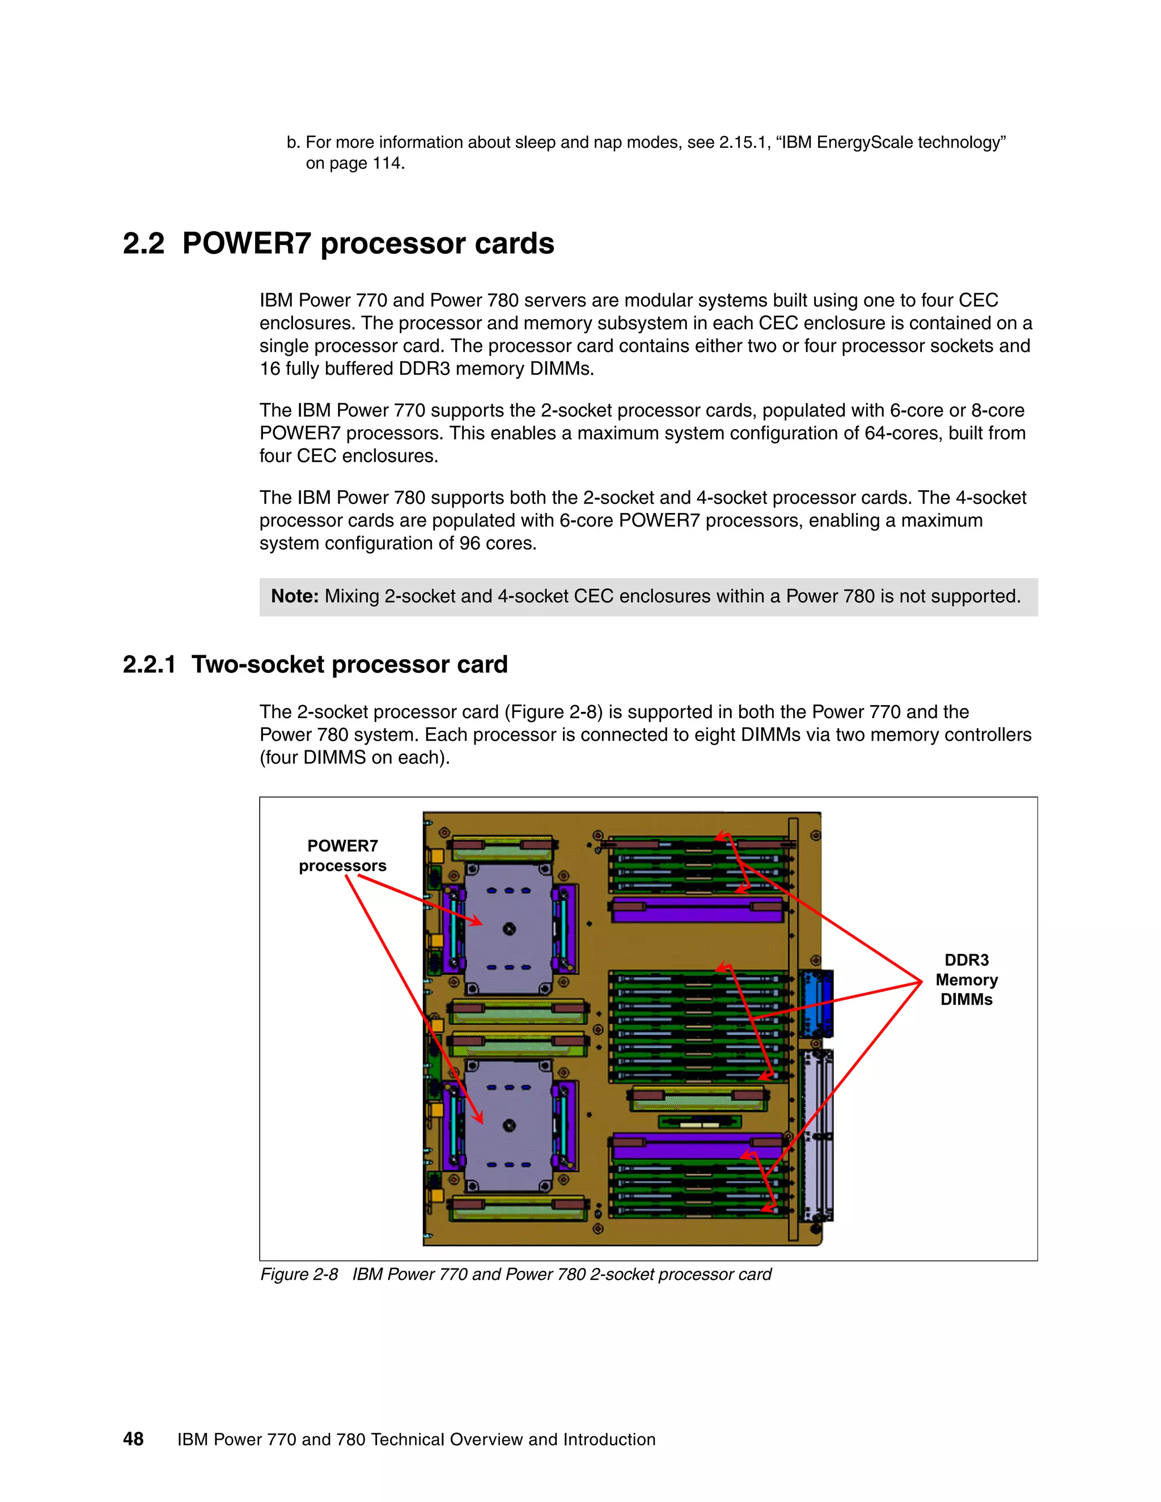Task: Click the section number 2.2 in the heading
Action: pyautogui.click(x=144, y=244)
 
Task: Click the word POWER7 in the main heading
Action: pyautogui.click(x=247, y=244)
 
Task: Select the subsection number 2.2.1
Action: pyautogui.click(x=149, y=664)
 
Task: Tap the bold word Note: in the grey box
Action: pyautogui.click(x=294, y=596)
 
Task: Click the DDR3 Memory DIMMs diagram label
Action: pyautogui.click(x=967, y=979)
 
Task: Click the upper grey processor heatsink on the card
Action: pyautogui.click(x=509, y=928)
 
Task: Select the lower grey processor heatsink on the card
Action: pyautogui.click(x=509, y=1125)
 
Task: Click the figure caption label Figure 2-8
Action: pyautogui.click(x=299, y=1274)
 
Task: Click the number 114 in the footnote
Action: pyautogui.click(x=387, y=164)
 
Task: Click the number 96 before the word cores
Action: pyautogui.click(x=470, y=544)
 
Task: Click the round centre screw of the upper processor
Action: pyautogui.click(x=509, y=929)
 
